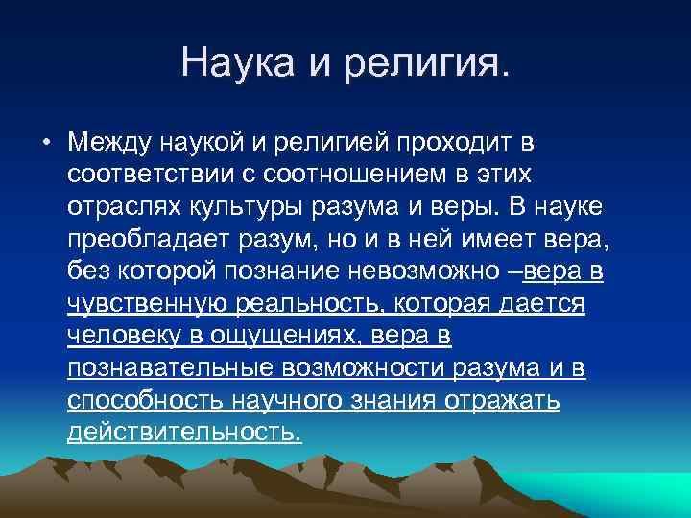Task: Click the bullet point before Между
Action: tap(45, 144)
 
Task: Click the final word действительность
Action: tap(184, 434)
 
